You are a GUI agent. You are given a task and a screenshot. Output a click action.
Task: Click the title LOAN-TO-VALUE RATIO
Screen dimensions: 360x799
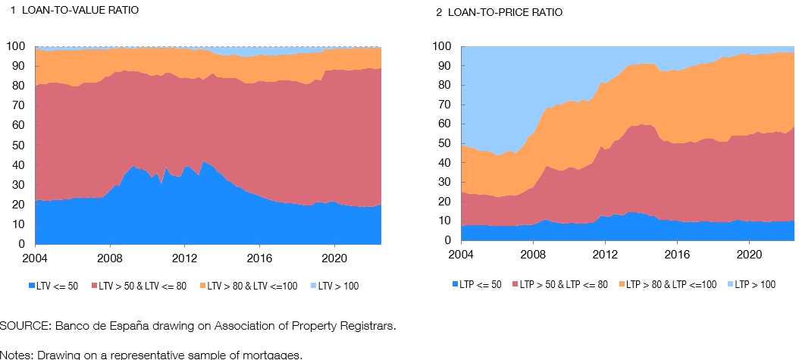[79, 10]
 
